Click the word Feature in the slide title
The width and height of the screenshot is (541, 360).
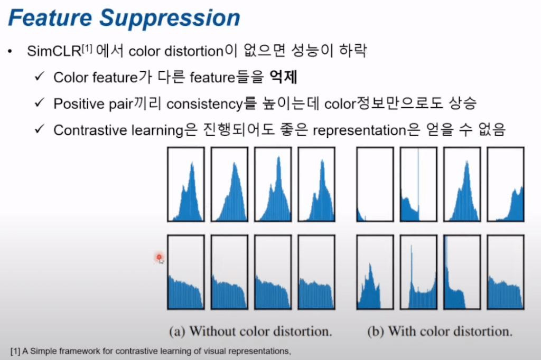tap(50, 17)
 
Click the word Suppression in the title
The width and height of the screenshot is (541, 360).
tap(170, 18)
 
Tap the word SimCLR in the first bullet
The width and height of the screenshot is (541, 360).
tap(54, 51)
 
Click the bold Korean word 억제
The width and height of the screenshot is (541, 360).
tap(283, 77)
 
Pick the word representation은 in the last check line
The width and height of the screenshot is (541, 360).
tap(367, 130)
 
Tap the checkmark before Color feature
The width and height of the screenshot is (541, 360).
tap(40, 75)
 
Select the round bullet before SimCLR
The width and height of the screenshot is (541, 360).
tap(10, 52)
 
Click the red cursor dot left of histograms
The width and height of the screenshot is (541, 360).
tap(159, 257)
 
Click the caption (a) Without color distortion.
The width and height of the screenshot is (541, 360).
tap(250, 331)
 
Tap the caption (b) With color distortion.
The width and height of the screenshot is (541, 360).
tap(440, 331)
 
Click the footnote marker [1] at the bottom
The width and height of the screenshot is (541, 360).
tap(15, 351)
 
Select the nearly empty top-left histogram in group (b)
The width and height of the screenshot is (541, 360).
tap(375, 184)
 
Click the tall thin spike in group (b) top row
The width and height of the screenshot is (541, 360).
tap(418, 183)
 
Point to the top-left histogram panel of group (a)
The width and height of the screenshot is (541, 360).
tap(186, 184)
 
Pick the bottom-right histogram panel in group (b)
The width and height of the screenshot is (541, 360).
tap(506, 272)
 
